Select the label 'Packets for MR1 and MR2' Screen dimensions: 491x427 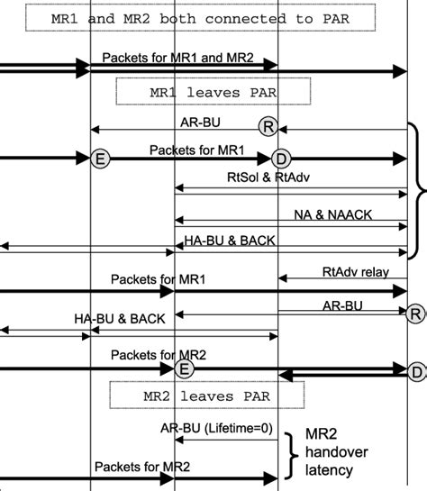[x=177, y=58]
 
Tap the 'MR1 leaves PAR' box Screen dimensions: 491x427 [x=213, y=91]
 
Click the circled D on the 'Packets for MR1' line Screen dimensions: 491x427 [x=281, y=159]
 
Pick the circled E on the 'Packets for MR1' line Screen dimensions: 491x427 [x=101, y=159]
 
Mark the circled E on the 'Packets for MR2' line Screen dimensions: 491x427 [x=184, y=369]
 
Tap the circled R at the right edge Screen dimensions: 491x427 [x=414, y=314]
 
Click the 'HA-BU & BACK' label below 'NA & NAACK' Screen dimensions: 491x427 [x=230, y=241]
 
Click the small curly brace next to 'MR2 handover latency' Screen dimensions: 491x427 [x=290, y=455]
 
